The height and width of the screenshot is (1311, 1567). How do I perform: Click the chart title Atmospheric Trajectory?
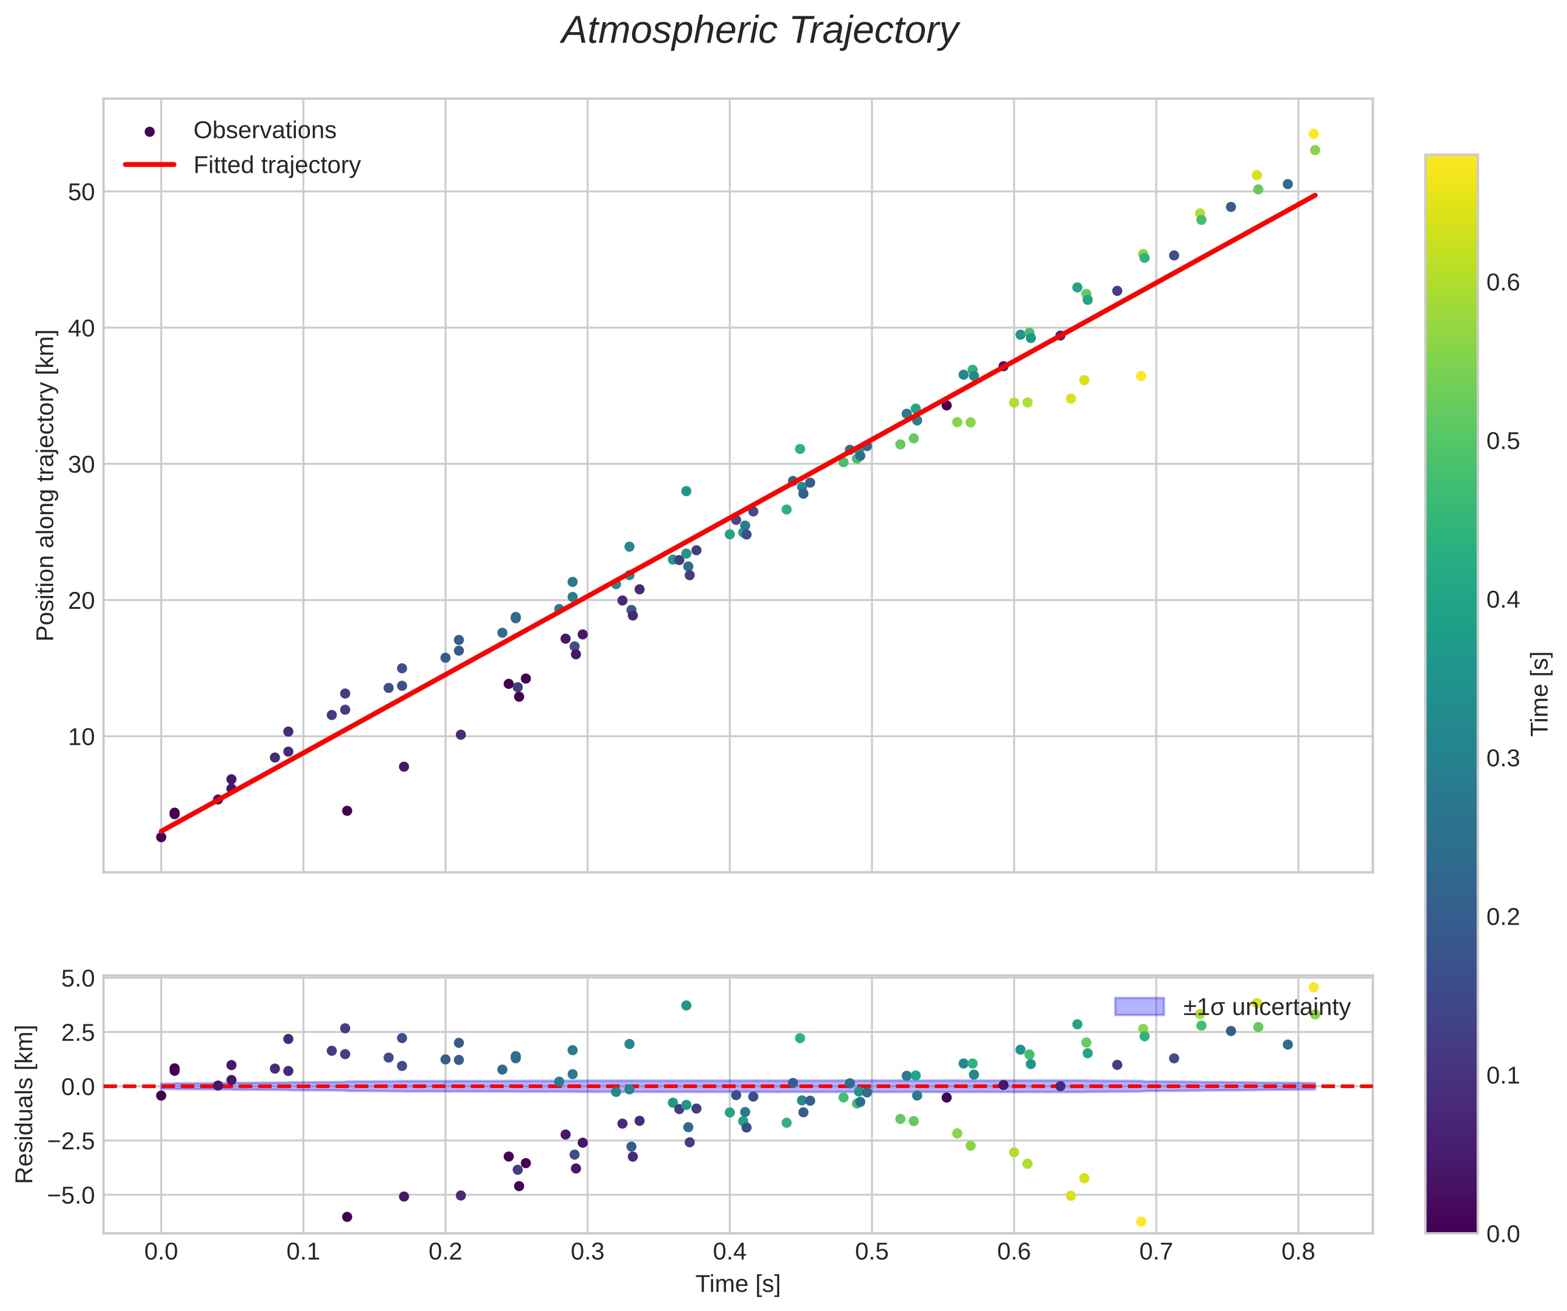[x=760, y=32]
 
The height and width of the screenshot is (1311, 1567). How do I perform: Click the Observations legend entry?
[x=264, y=131]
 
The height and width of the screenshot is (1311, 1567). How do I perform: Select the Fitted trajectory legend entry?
[x=276, y=165]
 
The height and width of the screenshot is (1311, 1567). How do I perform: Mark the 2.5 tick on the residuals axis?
[x=78, y=1033]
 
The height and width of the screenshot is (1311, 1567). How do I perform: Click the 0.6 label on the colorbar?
[x=1503, y=283]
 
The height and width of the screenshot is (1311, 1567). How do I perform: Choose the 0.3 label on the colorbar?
[x=1503, y=758]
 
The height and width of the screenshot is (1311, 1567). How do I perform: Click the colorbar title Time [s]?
[x=1540, y=693]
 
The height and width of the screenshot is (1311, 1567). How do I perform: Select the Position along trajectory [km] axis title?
[x=46, y=485]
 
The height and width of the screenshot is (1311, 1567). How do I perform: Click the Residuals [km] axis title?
[x=25, y=1104]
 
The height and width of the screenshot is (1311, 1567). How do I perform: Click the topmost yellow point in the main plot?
[x=1313, y=134]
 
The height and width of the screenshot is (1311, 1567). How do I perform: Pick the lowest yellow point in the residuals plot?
[x=1141, y=1222]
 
